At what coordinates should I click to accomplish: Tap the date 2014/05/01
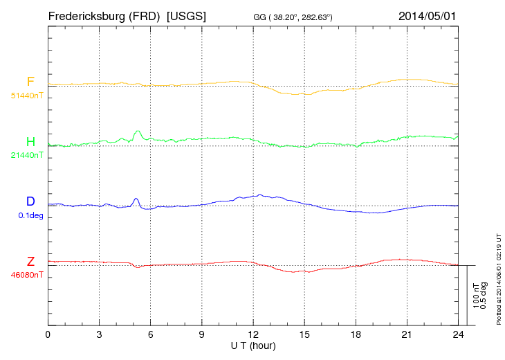(x=428, y=15)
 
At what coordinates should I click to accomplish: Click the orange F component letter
(x=30, y=82)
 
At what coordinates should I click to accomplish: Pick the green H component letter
(x=30, y=142)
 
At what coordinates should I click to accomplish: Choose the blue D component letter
(x=30, y=201)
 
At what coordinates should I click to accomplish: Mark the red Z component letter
(x=30, y=261)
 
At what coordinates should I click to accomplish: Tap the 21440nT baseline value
(x=27, y=155)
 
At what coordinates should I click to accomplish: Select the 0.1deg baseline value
(x=30, y=215)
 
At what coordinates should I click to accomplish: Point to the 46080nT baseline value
(x=27, y=274)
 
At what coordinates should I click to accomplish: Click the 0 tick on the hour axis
(x=48, y=334)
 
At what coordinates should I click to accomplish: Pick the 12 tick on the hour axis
(x=253, y=334)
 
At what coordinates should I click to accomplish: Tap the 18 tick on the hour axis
(x=356, y=334)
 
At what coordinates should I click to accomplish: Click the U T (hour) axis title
(x=253, y=345)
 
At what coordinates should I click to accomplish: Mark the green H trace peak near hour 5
(x=138, y=131)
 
